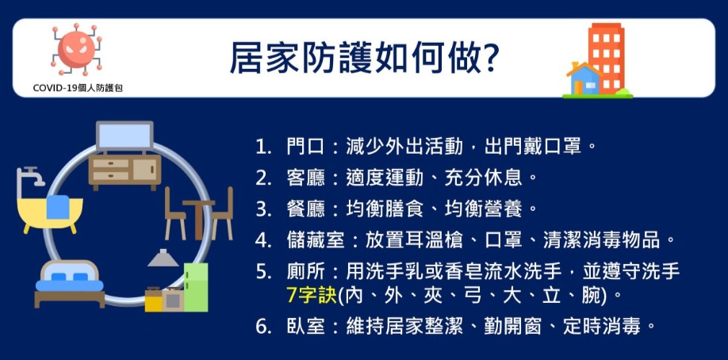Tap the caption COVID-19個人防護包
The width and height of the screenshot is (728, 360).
click(78, 88)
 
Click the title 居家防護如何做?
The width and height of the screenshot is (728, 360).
click(364, 59)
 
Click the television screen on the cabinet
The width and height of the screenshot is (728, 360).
click(125, 136)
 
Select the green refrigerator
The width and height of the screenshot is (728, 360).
click(195, 287)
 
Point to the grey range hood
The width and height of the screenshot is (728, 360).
click(163, 258)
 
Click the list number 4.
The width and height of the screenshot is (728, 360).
click(262, 240)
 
